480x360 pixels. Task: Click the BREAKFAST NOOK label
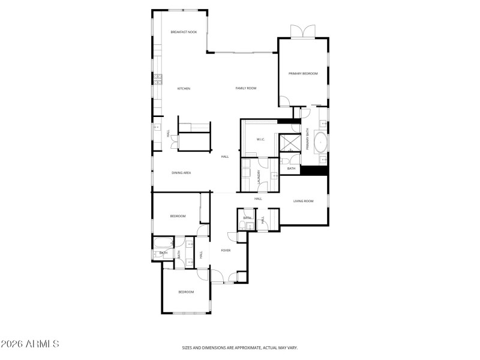(184, 32)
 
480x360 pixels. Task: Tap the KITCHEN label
(184, 89)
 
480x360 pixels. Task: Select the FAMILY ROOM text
(245, 88)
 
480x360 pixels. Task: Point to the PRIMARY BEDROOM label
(303, 74)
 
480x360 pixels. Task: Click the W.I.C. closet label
(261, 140)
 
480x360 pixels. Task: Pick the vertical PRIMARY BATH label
(307, 139)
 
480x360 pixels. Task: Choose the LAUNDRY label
(260, 175)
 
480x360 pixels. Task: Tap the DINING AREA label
(181, 173)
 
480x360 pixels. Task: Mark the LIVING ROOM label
(304, 201)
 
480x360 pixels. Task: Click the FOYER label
(226, 250)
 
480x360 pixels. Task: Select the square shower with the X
(290, 143)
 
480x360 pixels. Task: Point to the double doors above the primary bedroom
(303, 31)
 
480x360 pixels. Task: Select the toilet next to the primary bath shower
(286, 160)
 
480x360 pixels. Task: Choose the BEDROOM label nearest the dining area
(178, 216)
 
